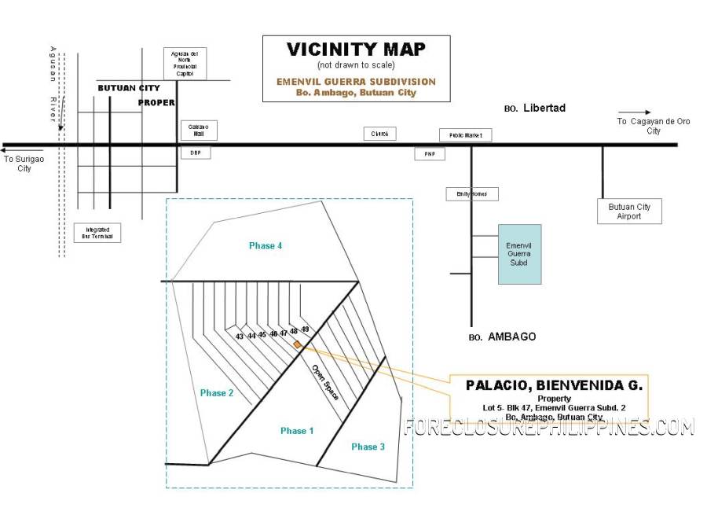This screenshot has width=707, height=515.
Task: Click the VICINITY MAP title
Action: point(356,49)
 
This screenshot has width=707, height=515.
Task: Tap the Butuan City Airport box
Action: point(629,212)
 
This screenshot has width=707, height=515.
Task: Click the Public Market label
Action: point(465,135)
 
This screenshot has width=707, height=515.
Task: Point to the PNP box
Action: point(430,154)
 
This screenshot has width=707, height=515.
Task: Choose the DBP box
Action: point(196,153)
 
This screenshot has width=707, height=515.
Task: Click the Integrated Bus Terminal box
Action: point(98,232)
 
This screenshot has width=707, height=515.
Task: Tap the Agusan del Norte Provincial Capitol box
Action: point(185,64)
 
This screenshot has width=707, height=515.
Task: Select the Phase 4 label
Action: point(266,246)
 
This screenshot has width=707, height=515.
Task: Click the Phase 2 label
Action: point(217,393)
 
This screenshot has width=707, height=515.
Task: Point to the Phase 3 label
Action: point(368,447)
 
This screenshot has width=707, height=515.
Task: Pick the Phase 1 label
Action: point(297,431)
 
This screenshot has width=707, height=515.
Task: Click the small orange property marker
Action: point(297,344)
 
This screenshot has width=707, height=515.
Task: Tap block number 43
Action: point(240,337)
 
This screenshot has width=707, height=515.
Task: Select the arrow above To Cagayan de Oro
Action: point(634,112)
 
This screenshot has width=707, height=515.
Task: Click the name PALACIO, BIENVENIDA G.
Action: point(554,385)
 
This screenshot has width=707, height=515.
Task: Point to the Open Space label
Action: point(324,383)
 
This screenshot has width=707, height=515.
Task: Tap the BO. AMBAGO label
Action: point(502,337)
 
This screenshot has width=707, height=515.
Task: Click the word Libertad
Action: point(544,108)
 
